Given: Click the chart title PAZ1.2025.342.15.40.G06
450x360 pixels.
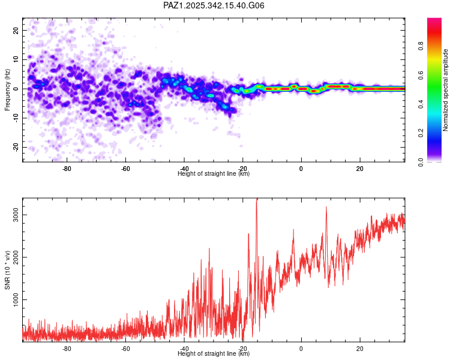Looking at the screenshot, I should click(214, 5).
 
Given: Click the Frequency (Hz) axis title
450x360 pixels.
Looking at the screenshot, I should click(8, 90).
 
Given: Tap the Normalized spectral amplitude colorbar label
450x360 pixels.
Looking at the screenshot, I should click(446, 91).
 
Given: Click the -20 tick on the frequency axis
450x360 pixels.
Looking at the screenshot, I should click(16, 147).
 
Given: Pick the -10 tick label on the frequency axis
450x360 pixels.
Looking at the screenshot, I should click(16, 118).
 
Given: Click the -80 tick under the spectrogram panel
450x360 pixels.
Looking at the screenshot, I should click(67, 168).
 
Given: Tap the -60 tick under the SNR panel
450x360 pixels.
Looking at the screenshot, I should click(125, 348).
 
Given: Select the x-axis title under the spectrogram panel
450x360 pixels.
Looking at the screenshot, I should click(214, 174).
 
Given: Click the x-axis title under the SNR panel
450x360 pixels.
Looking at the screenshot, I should click(214, 354).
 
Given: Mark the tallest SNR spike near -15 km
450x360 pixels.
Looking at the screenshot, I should click(256, 200).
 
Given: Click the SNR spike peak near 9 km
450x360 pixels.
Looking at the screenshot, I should click(326, 207).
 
